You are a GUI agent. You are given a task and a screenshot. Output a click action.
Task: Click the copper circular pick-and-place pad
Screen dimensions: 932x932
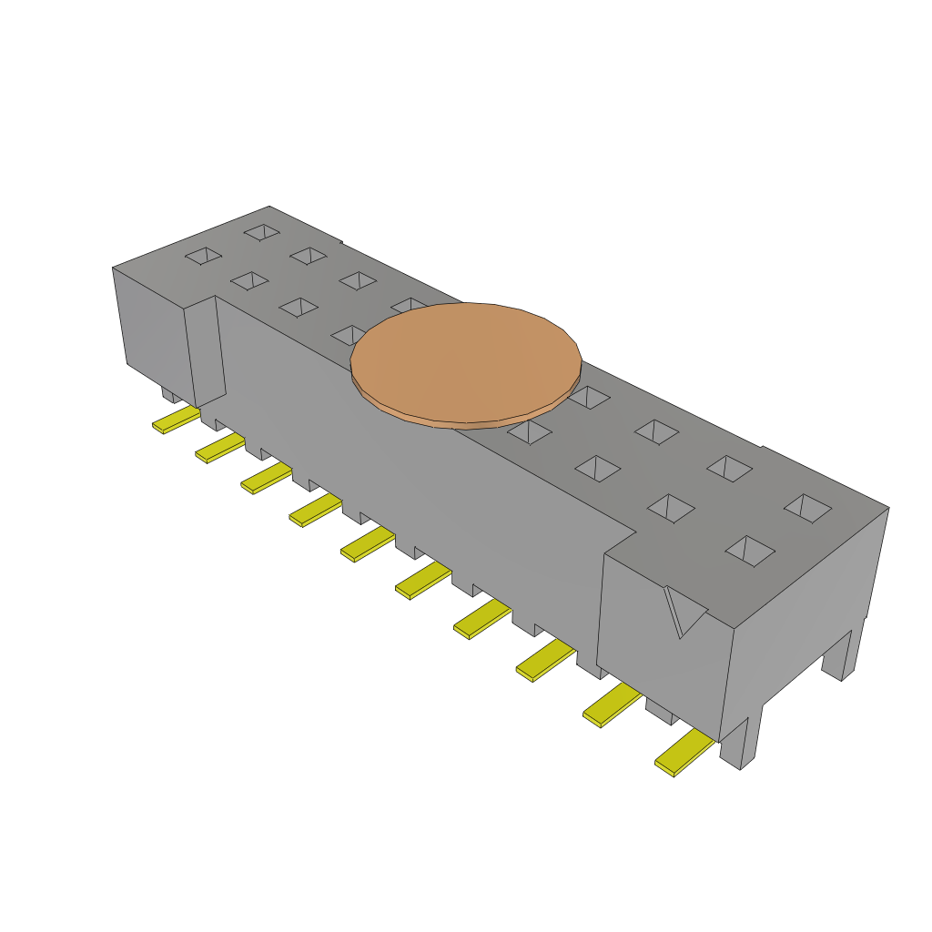465,362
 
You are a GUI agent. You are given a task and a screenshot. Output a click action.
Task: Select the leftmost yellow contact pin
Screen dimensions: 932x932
176,420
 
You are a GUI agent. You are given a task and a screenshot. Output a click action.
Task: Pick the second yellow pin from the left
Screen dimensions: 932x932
220,448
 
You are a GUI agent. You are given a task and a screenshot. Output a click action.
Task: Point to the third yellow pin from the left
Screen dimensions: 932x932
266,478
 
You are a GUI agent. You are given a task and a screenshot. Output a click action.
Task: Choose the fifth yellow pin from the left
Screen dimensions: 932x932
367,544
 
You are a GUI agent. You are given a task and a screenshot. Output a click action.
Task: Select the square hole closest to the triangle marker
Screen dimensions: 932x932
751,550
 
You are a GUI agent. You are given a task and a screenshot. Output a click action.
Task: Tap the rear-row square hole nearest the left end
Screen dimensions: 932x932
262,233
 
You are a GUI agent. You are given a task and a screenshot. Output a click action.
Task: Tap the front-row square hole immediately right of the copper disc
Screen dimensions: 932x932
530,431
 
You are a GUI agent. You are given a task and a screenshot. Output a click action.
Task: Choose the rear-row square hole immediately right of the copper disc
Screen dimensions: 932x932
590,397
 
